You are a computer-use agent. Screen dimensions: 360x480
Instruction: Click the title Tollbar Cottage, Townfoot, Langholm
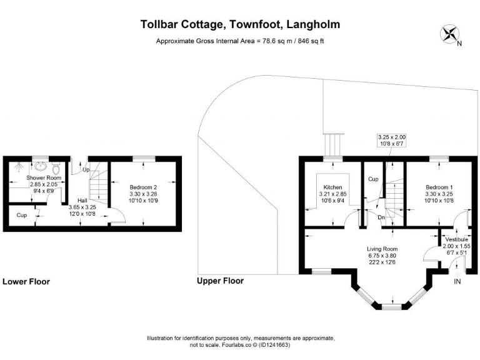pyautogui.click(x=241, y=25)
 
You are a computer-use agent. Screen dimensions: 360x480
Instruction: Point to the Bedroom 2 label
pyautogui.click(x=143, y=187)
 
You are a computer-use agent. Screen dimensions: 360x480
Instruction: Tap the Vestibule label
pyautogui.click(x=456, y=239)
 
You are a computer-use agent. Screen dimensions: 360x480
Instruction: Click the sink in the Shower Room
pyautogui.click(x=41, y=167)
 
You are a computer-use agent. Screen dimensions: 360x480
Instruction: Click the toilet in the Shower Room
pyautogui.click(x=57, y=168)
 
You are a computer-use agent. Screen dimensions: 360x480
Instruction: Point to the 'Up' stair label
pyautogui.click(x=86, y=169)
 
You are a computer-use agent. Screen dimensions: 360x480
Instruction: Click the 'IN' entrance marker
pyautogui.click(x=457, y=282)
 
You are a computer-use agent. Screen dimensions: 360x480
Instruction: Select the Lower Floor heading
pyautogui.click(x=26, y=282)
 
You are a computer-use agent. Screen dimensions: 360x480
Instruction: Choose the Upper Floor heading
pyautogui.click(x=220, y=281)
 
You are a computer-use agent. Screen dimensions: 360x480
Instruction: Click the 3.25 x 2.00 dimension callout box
pyautogui.click(x=392, y=140)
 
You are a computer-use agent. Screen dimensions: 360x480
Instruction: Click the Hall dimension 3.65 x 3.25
pyautogui.click(x=82, y=206)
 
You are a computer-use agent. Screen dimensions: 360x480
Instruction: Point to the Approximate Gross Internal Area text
pyautogui.click(x=240, y=41)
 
